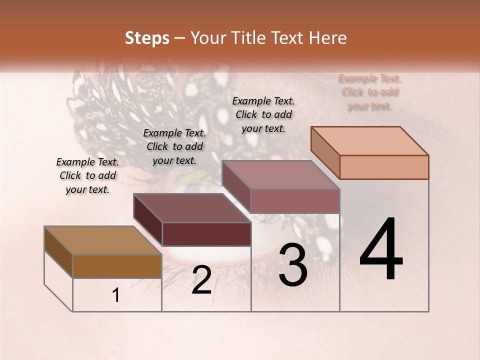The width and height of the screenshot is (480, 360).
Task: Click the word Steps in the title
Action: [x=147, y=38]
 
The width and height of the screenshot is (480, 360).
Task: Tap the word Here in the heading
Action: [x=328, y=38]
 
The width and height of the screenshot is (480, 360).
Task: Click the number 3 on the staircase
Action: [x=293, y=265]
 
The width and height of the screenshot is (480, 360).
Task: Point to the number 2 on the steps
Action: [x=201, y=280]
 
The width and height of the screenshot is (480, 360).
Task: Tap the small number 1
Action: [x=116, y=295]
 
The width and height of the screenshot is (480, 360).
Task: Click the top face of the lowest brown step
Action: [x=102, y=240]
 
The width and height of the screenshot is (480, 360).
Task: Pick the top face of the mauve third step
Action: [x=280, y=175]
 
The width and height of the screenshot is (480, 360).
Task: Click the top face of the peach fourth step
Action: [x=369, y=141]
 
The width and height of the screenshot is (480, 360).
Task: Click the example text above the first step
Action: [x=87, y=175]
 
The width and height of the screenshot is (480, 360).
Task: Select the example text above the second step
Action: [x=174, y=146]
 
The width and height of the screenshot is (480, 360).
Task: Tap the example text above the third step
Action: [x=263, y=114]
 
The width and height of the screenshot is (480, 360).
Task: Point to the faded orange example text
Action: [x=369, y=92]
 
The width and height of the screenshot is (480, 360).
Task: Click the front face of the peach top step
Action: [x=384, y=167]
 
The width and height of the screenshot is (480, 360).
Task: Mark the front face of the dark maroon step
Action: [x=206, y=234]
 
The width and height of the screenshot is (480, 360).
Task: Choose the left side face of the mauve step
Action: [x=236, y=186]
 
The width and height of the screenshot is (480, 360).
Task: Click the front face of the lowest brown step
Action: [x=117, y=266]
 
